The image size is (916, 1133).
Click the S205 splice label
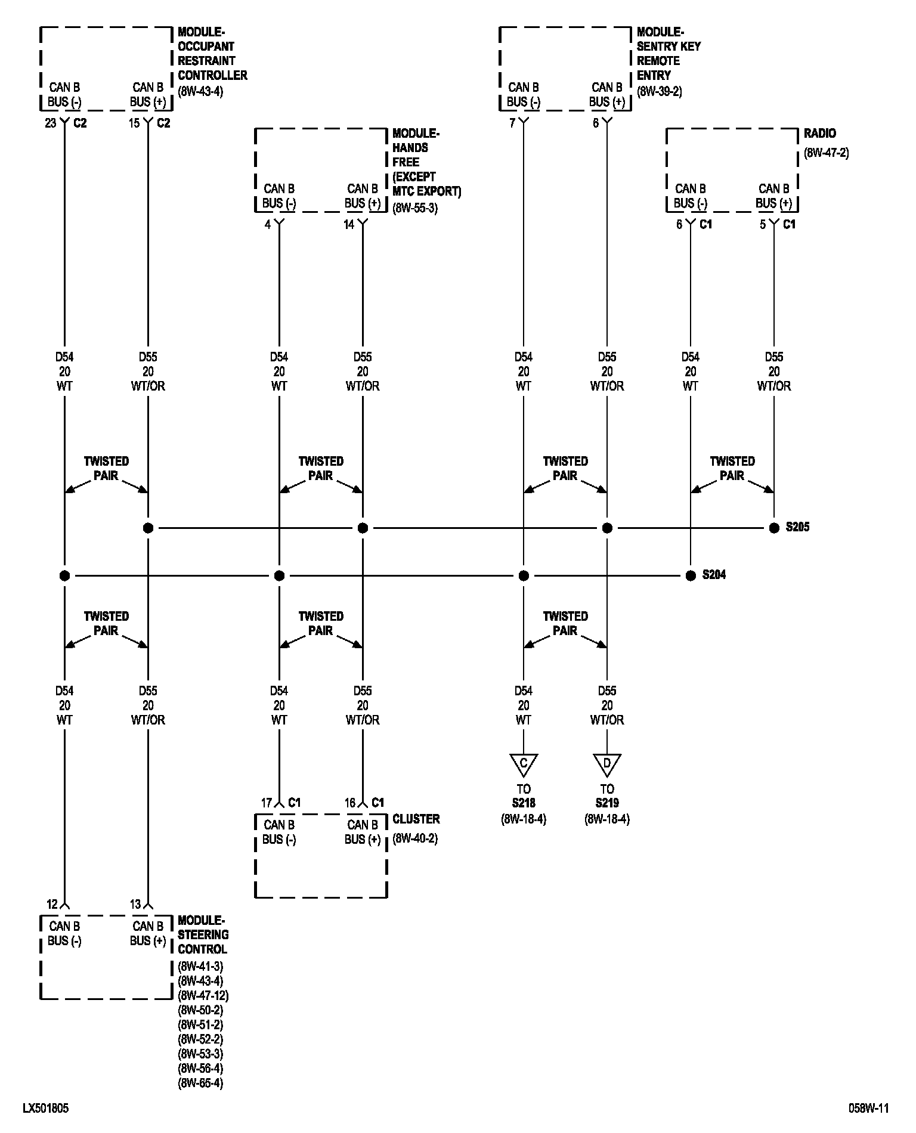click(x=797, y=527)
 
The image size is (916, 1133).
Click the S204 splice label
click(x=714, y=575)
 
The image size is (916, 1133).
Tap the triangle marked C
click(x=524, y=763)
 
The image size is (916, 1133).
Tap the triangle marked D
click(x=607, y=763)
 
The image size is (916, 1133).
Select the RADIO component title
click(x=819, y=134)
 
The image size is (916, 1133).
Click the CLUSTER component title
click(x=416, y=819)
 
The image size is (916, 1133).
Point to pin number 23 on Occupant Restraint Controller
click(x=50, y=123)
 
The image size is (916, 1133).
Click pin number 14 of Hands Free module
click(x=349, y=224)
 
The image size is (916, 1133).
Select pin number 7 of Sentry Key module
click(x=512, y=123)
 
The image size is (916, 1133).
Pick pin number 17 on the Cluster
click(x=266, y=803)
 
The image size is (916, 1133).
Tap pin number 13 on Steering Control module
click(x=135, y=904)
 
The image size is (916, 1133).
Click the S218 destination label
click(x=524, y=803)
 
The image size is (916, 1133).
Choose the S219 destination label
click(x=607, y=803)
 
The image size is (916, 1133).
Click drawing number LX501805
click(x=45, y=1108)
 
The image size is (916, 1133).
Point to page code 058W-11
click(x=869, y=1108)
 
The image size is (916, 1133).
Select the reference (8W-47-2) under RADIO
click(x=826, y=153)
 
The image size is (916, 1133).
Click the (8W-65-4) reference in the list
click(x=200, y=1082)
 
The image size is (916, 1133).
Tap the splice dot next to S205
click(x=774, y=528)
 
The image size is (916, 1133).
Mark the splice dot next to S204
click(x=691, y=575)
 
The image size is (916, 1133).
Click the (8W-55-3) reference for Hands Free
click(x=415, y=209)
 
